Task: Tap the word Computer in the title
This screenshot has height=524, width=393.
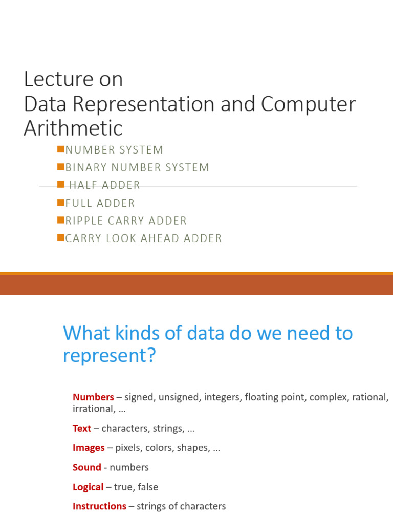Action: click(308, 104)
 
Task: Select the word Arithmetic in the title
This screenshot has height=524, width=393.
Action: click(73, 128)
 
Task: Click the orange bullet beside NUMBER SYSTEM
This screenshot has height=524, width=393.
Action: click(60, 149)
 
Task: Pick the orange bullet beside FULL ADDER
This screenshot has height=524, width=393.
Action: click(60, 202)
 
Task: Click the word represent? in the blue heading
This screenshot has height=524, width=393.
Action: click(108, 355)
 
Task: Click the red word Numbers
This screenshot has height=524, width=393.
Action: click(93, 397)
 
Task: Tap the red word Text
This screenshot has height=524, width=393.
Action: click(82, 428)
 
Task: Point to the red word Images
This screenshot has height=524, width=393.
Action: click(89, 448)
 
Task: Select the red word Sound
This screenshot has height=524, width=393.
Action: click(87, 467)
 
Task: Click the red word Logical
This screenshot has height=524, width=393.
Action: click(88, 487)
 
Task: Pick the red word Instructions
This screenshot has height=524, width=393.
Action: click(99, 506)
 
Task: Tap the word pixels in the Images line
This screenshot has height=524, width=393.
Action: click(128, 448)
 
